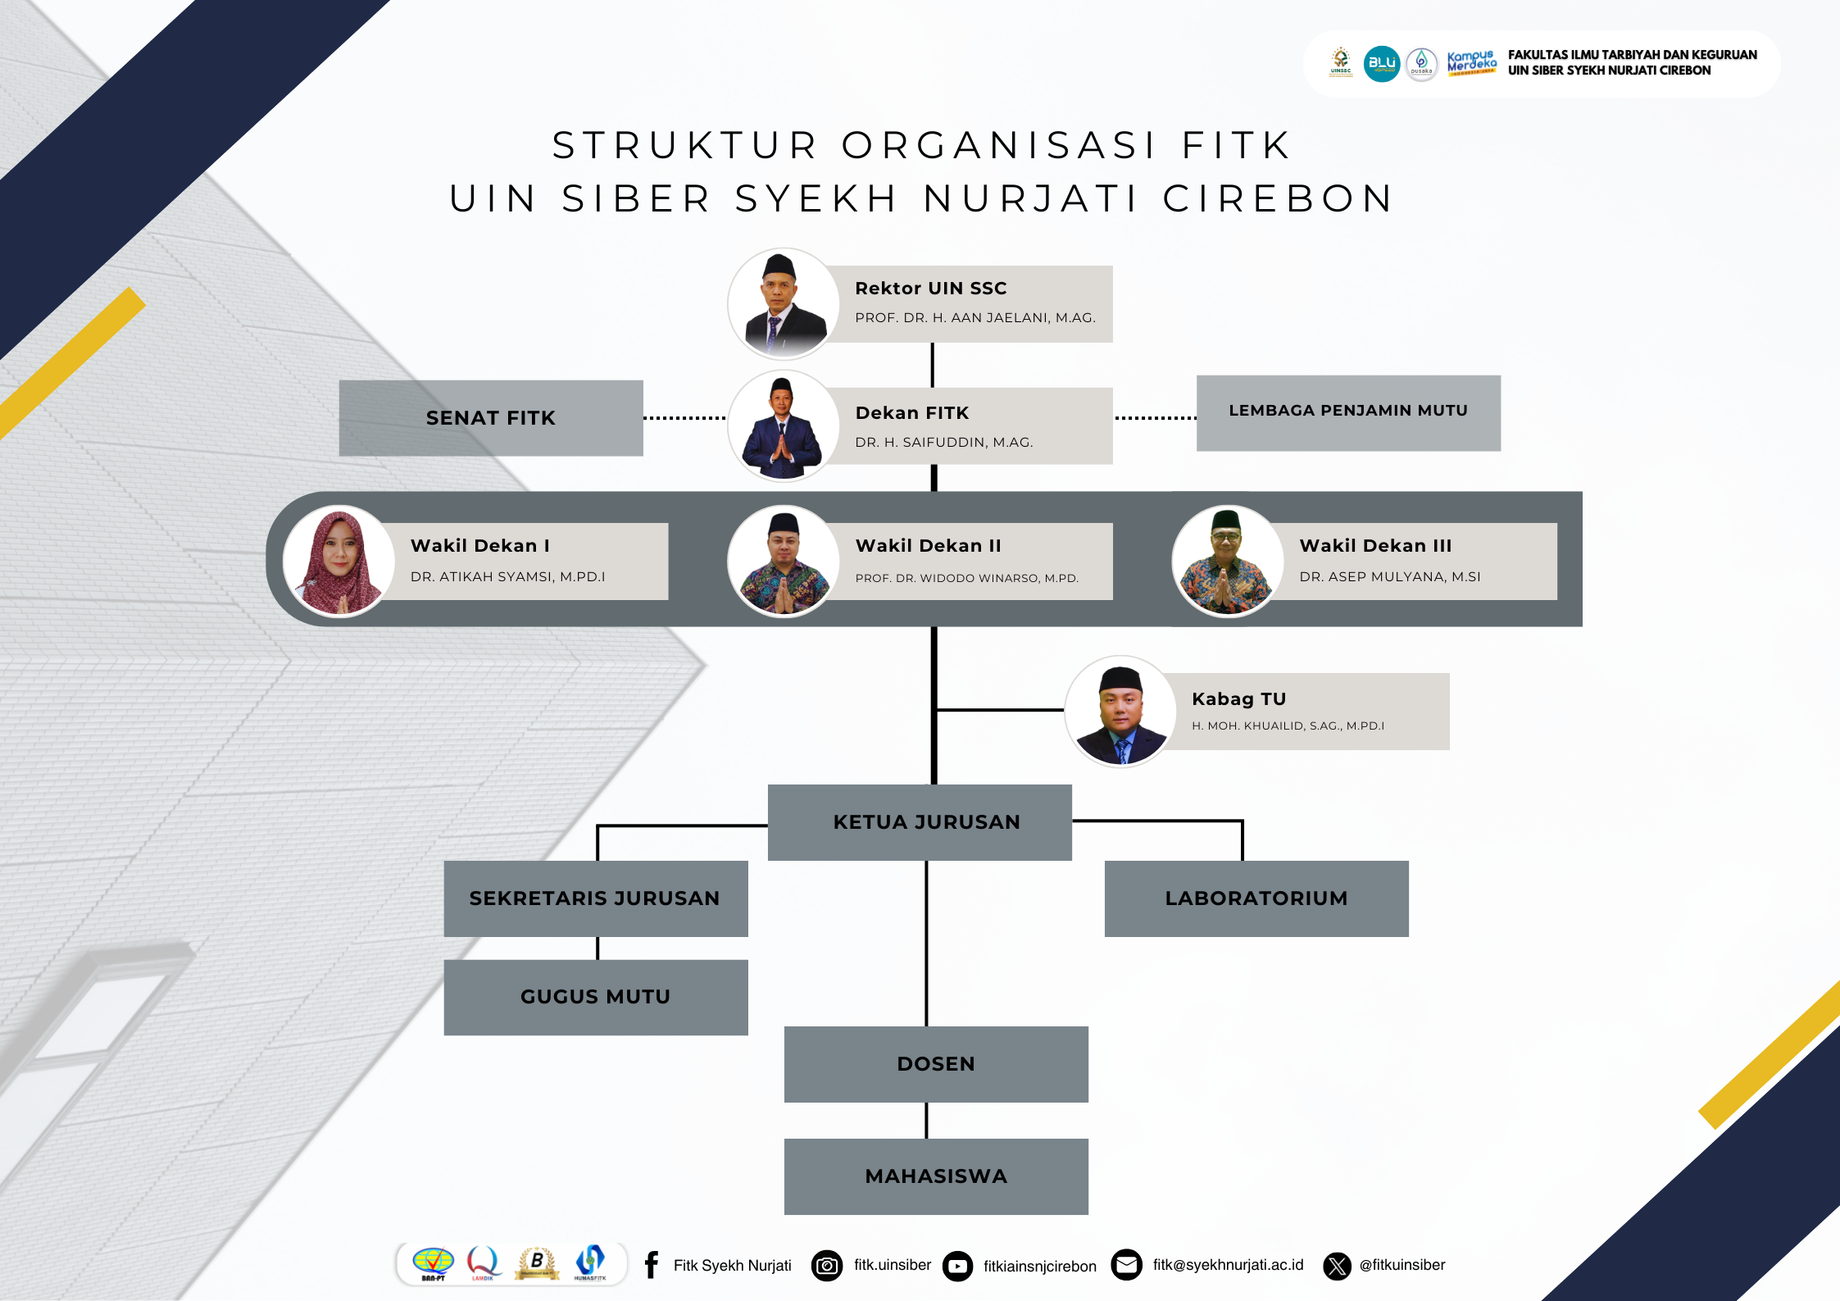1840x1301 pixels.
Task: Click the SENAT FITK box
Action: (491, 418)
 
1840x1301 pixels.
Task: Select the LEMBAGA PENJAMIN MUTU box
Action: (1348, 413)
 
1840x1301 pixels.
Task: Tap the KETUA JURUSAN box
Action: (920, 822)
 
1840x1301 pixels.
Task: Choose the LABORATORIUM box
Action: (1256, 898)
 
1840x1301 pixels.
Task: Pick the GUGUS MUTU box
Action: (596, 998)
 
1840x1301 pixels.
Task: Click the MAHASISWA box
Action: (936, 1176)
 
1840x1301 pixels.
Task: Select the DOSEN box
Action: (936, 1064)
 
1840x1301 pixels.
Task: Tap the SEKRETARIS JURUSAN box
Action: (596, 898)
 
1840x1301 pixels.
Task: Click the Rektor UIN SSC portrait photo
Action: (784, 304)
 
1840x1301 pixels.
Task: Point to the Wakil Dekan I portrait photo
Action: (338, 562)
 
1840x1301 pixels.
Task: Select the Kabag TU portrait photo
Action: (1120, 712)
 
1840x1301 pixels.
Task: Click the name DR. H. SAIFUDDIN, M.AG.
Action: (944, 443)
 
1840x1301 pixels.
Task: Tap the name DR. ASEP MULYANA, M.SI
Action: (1390, 577)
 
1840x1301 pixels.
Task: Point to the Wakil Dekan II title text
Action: (929, 546)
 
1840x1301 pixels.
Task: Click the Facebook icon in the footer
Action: (652, 1265)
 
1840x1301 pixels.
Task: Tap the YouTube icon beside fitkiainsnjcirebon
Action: (957, 1267)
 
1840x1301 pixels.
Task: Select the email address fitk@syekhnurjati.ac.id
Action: (1228, 1265)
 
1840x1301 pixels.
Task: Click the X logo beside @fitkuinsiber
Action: (1338, 1266)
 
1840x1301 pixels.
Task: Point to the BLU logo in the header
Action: (1382, 64)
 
